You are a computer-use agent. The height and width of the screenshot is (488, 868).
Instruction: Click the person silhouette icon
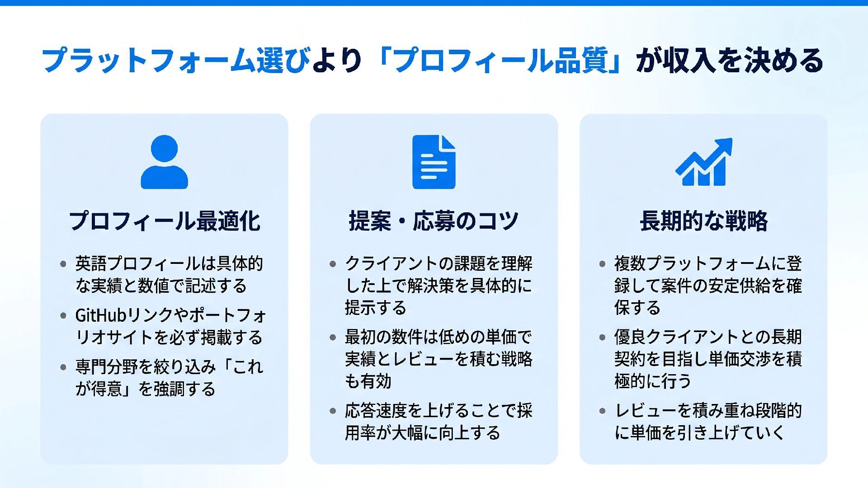(x=164, y=162)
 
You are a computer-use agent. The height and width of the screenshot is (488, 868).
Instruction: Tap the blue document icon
(x=434, y=162)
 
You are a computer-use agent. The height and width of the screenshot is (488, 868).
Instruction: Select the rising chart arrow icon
(x=703, y=162)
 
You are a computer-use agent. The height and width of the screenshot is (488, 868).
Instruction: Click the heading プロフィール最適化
(x=164, y=221)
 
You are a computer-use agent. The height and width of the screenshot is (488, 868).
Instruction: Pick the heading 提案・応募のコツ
(x=434, y=221)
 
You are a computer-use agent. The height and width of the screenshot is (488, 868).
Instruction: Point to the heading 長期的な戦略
(x=703, y=221)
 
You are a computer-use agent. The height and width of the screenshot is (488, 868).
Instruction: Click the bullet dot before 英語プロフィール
(x=63, y=264)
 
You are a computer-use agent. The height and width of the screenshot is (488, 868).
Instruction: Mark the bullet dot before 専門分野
(x=63, y=367)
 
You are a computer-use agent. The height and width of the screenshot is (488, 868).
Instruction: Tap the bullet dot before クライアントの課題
(x=333, y=264)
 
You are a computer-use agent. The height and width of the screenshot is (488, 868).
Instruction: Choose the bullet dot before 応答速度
(x=333, y=411)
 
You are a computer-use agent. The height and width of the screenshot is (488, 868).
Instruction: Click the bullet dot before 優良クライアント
(x=602, y=338)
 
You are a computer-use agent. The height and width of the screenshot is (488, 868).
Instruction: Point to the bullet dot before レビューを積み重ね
(x=602, y=411)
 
